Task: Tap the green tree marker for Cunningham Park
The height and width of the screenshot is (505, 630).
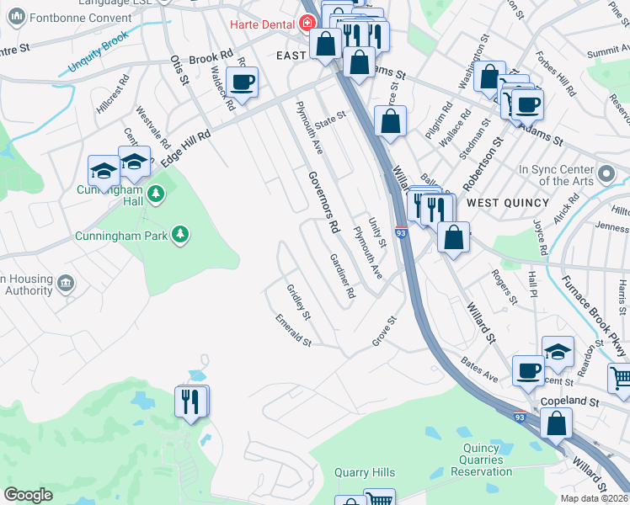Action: (179, 234)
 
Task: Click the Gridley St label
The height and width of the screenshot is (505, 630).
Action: (299, 302)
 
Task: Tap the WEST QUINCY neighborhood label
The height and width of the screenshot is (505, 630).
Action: (508, 203)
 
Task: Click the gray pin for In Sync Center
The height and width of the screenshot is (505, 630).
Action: (606, 176)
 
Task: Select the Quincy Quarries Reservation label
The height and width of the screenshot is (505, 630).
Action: (482, 460)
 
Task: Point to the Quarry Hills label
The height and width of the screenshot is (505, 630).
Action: (365, 473)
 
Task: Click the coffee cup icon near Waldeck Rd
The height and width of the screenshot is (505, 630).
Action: (242, 82)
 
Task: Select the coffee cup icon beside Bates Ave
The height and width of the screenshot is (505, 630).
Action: (528, 369)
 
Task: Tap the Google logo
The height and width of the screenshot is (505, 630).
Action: (28, 495)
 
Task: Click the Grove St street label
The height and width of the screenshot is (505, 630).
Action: (384, 332)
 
